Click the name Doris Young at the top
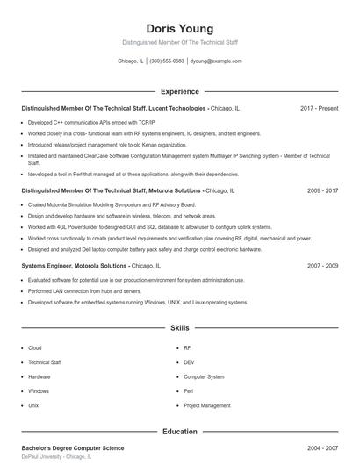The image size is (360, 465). pyautogui.click(x=180, y=28)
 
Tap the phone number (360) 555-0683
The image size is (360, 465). pyautogui.click(x=167, y=61)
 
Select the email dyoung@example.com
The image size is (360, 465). pyautogui.click(x=216, y=61)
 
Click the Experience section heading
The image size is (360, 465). pyautogui.click(x=180, y=91)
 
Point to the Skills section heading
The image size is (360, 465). pyautogui.click(x=180, y=328)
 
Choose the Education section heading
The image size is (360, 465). pyautogui.click(x=180, y=432)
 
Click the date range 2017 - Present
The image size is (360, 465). pyautogui.click(x=319, y=108)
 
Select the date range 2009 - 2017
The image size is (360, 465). pyautogui.click(x=323, y=190)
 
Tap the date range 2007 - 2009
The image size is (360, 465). pyautogui.click(x=323, y=265)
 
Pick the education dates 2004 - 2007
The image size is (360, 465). pyautogui.click(x=323, y=448)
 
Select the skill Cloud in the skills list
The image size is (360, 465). pyautogui.click(x=35, y=348)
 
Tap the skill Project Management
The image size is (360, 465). pyautogui.click(x=206, y=406)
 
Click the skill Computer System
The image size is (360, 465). pyautogui.click(x=204, y=377)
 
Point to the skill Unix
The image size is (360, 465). pyautogui.click(x=33, y=406)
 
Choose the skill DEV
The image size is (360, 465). pyautogui.click(x=189, y=362)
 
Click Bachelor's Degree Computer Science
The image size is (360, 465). pyautogui.click(x=73, y=448)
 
